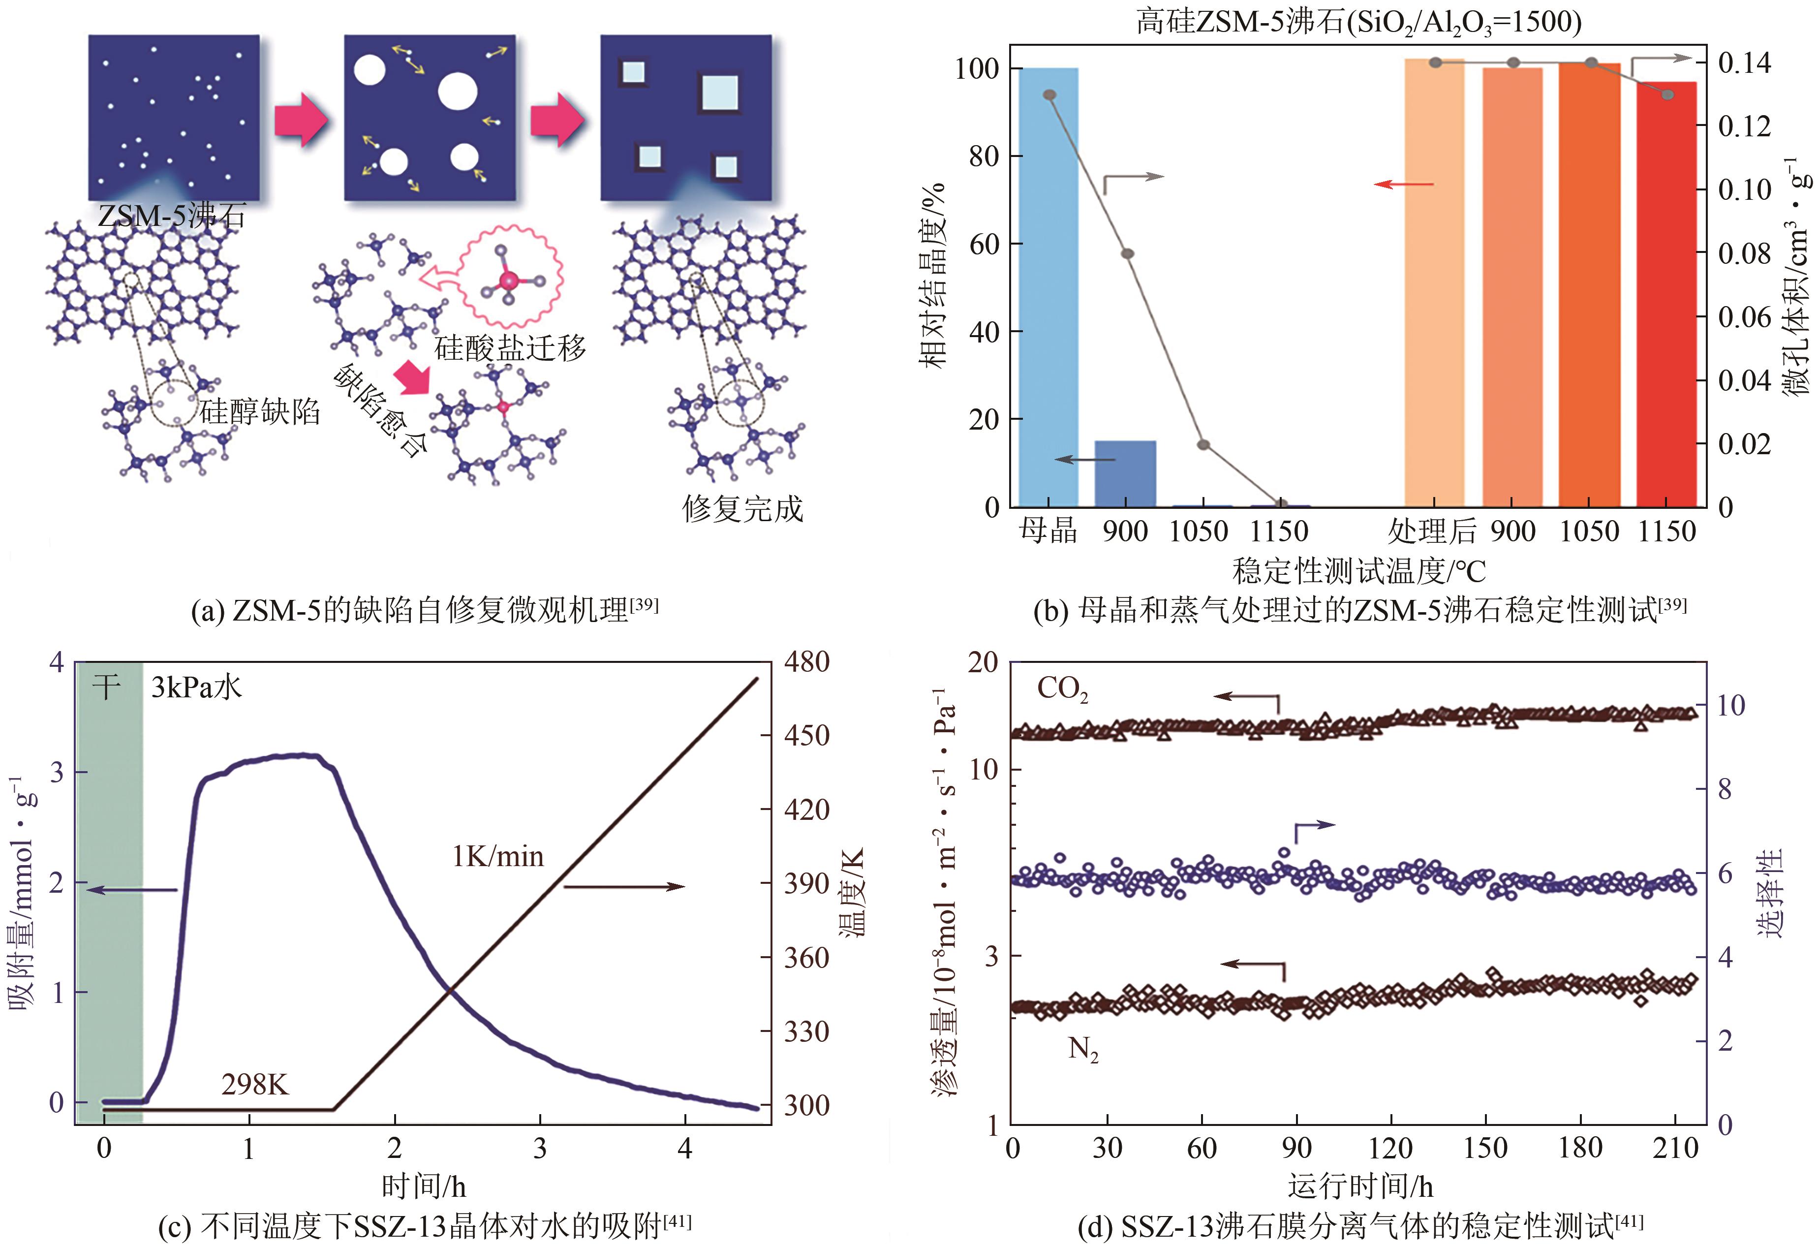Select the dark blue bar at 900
pyautogui.click(x=1125, y=474)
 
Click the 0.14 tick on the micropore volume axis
pyautogui.click(x=1744, y=62)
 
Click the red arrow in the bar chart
pyautogui.click(x=1404, y=185)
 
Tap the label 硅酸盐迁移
pyautogui.click(x=510, y=347)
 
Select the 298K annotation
pyautogui.click(x=255, y=1084)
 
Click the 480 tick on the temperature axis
pyautogui.click(x=806, y=662)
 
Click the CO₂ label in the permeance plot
pyautogui.click(x=1062, y=689)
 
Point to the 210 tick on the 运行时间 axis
pyautogui.click(x=1675, y=1149)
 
